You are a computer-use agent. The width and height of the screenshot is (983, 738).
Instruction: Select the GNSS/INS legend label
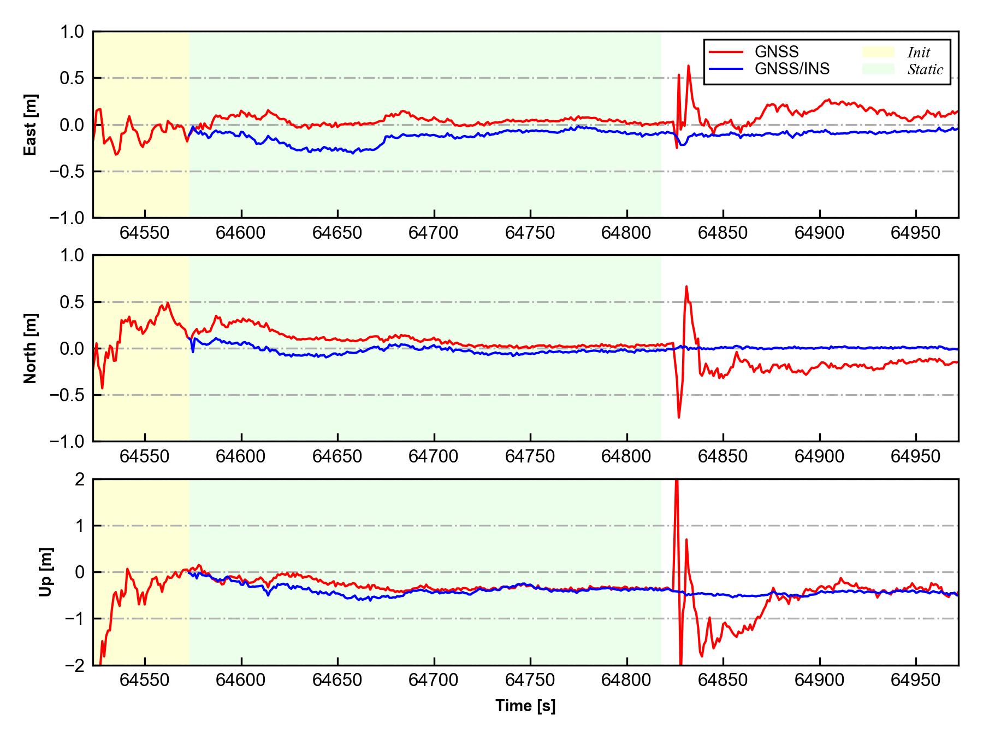tap(792, 69)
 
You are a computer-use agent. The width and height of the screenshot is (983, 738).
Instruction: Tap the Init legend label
tap(919, 52)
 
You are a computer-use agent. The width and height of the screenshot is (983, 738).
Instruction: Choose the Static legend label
tap(925, 69)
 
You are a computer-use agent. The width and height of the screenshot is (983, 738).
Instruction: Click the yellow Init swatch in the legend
tap(878, 52)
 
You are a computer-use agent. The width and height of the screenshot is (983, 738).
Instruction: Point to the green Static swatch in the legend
tap(878, 69)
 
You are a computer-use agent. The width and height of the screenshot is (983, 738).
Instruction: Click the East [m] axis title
tap(31, 125)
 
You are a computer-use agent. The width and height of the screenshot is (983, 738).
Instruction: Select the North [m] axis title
tap(31, 348)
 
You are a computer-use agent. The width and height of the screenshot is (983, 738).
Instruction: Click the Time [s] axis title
tap(525, 706)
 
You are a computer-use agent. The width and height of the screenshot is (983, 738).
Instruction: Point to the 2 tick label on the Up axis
tap(80, 479)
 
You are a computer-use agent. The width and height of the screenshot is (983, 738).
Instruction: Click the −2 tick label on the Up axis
tap(75, 665)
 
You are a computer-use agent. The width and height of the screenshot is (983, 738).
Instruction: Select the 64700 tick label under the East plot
tap(434, 233)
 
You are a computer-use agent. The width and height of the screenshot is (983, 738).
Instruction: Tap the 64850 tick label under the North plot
tap(723, 456)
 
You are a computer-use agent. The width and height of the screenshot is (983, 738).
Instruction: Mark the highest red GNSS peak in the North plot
tap(686, 286)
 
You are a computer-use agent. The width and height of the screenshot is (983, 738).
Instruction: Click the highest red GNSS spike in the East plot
tap(688, 66)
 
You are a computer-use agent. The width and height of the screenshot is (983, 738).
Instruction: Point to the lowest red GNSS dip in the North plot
tap(679, 418)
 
